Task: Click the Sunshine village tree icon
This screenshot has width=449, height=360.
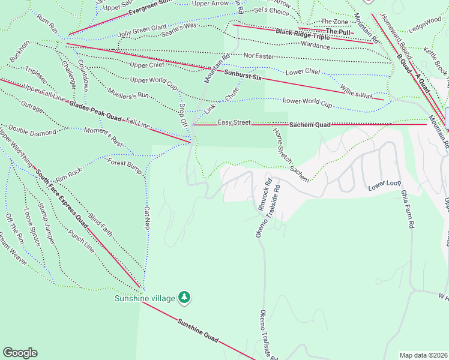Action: (x=185, y=297)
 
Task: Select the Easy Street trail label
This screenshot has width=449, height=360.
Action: (x=234, y=122)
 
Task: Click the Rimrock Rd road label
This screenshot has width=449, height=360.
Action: (x=265, y=193)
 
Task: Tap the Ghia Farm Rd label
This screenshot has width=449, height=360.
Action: (x=407, y=210)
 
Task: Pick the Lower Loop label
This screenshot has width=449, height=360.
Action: (x=384, y=185)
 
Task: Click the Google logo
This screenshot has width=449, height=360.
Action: (x=20, y=353)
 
